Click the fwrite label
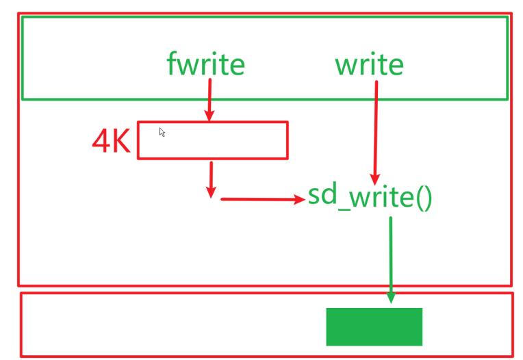tap(205, 65)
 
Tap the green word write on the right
tap(369, 65)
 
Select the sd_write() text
tap(370, 196)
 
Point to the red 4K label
tap(111, 140)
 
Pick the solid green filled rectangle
tap(374, 326)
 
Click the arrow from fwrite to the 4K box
tap(209, 99)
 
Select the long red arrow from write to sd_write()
tap(375, 130)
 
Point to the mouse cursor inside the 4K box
tap(162, 132)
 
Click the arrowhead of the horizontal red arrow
tap(299, 199)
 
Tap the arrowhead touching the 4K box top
tap(209, 116)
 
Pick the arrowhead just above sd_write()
tap(374, 179)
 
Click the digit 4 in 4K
tap(102, 140)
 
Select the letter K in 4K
tap(120, 140)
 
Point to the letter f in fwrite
tap(172, 64)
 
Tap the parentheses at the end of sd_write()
tap(424, 197)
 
